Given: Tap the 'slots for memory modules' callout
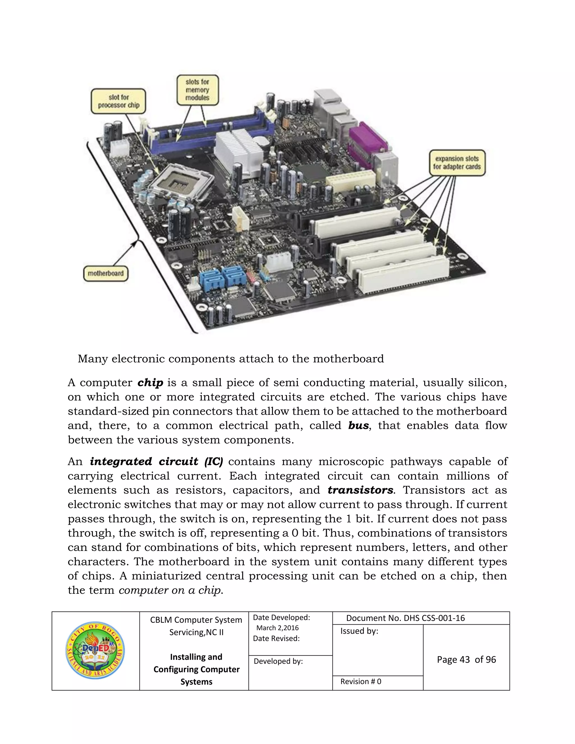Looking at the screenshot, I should click(198, 90).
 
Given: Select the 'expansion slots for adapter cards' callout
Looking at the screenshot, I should click(457, 163).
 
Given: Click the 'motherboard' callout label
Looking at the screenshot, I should click(106, 273).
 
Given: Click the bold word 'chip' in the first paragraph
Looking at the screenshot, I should click(150, 383).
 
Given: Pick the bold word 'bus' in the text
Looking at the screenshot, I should click(358, 425).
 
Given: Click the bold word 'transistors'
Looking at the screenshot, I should click(360, 490).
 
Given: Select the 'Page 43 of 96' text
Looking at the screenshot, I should click(466, 659).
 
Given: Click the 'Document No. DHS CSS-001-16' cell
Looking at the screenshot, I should click(405, 618).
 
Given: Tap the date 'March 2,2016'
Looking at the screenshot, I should click(277, 628).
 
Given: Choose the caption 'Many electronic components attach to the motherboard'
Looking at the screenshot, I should click(231, 359).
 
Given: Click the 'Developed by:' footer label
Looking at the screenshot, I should click(278, 661).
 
